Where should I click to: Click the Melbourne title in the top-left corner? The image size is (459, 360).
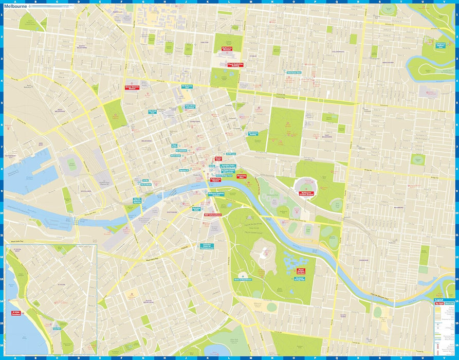pyautogui.click(x=15, y=7)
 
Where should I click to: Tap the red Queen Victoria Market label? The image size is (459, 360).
pyautogui.click(x=132, y=87)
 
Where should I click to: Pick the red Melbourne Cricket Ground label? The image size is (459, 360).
pyautogui.click(x=308, y=194)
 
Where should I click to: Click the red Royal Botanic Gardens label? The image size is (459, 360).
pyautogui.click(x=301, y=271)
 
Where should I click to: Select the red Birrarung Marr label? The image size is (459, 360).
pyautogui.click(x=242, y=176)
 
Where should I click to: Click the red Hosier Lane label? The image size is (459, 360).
pyautogui.click(x=218, y=158)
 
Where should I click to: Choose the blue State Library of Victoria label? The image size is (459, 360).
pyautogui.click(x=190, y=107)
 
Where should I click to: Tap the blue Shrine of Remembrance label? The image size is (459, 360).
pyautogui.click(x=241, y=280)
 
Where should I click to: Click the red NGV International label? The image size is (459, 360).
pyautogui.click(x=212, y=214)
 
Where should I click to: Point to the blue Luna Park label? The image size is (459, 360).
pyautogui.click(x=57, y=328)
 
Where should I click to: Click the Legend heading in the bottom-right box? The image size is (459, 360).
pyautogui.click(x=438, y=300)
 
